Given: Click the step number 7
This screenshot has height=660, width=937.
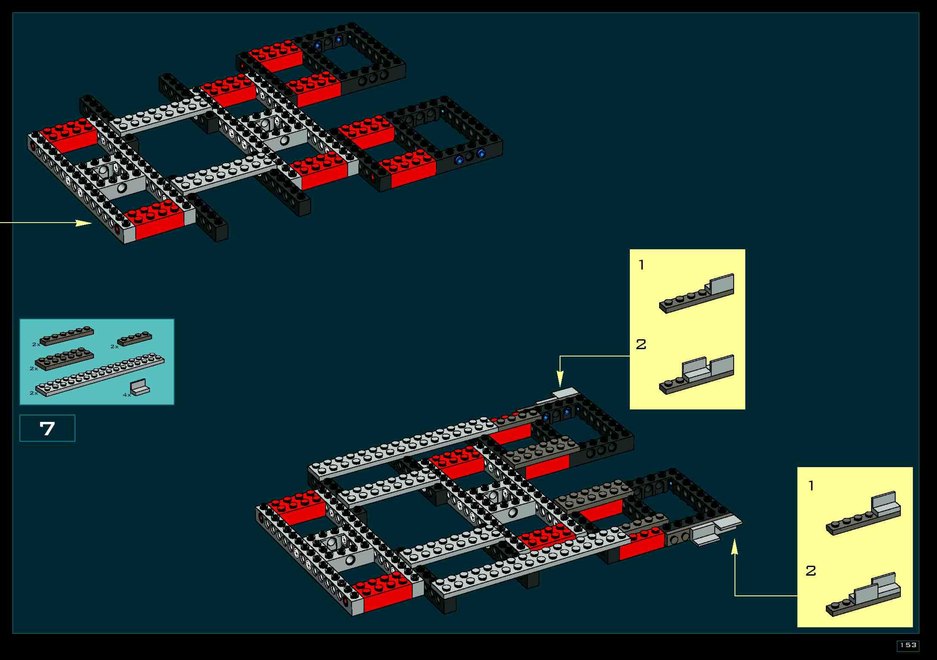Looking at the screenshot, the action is pyautogui.click(x=47, y=428).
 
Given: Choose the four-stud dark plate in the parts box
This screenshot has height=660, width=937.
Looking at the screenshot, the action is pyautogui.click(x=135, y=339).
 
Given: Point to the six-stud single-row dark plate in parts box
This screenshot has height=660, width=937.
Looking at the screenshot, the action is pyautogui.click(x=67, y=336).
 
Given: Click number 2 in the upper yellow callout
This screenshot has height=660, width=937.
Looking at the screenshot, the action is pyautogui.click(x=641, y=345).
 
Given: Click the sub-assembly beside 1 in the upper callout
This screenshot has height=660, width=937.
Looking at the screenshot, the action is pyautogui.click(x=697, y=294).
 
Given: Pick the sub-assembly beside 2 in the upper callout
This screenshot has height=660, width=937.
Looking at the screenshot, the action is pyautogui.click(x=697, y=375).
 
